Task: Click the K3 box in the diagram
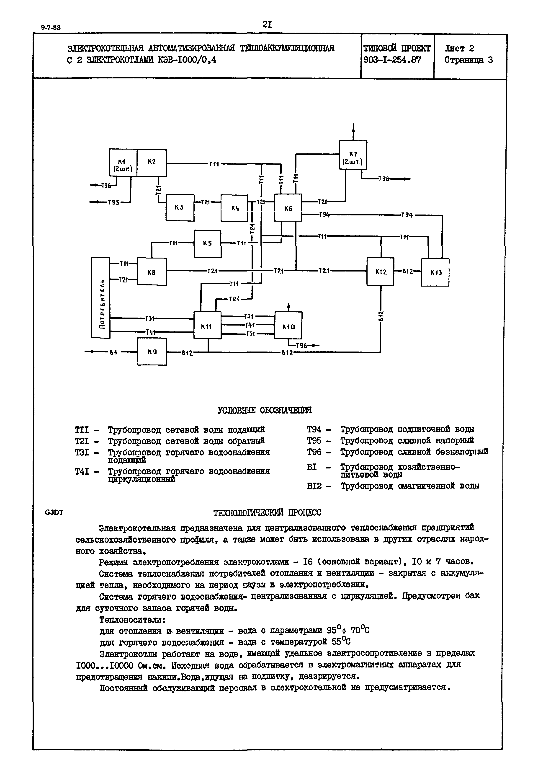pos(180,207)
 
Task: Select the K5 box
pos(207,243)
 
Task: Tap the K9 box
pos(152,352)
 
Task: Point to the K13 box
pos(435,272)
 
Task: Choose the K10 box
pos(288,326)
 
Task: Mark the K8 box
pos(152,272)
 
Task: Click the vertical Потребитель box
pos(100,298)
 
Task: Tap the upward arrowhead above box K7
pos(353,127)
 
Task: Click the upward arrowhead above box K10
pos(288,305)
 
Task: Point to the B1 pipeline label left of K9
pos(113,352)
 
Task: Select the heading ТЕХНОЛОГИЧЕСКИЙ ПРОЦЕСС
pos(267,512)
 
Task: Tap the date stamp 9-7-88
pos(51,28)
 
